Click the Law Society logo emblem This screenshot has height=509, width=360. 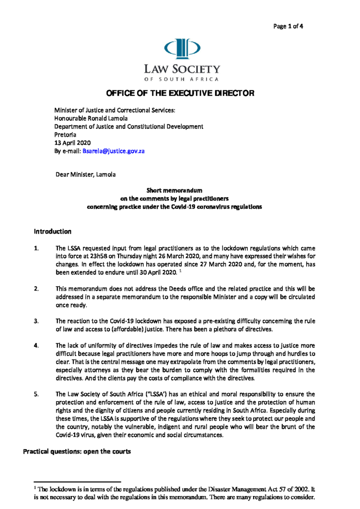click(182, 48)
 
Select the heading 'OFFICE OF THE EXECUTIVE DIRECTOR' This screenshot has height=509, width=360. click(180, 93)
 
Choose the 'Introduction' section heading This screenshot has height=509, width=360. click(52, 231)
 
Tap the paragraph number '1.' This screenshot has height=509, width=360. click(36, 248)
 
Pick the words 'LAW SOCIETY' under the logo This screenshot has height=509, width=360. click(181, 69)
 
